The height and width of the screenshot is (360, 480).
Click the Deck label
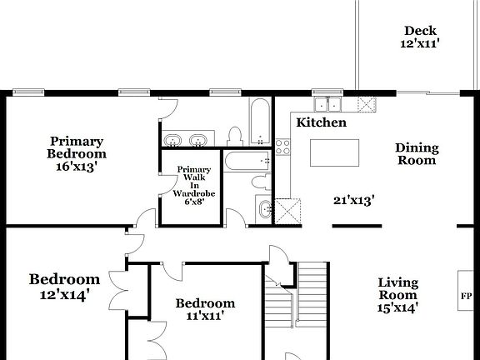click(420, 31)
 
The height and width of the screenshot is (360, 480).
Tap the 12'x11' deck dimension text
click(420, 44)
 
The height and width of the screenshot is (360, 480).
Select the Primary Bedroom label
click(76, 147)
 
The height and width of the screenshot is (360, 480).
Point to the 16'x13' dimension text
click(76, 166)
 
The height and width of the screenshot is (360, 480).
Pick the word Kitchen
click(322, 122)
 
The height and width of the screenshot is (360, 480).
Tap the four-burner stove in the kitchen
click(282, 147)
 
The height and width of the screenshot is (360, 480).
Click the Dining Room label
click(416, 154)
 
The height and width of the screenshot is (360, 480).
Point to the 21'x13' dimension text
click(353, 200)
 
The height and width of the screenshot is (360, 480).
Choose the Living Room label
click(397, 288)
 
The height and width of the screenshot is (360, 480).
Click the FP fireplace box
click(465, 296)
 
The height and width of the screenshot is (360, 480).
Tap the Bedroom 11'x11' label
click(205, 309)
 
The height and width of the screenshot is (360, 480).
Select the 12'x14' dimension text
click(64, 293)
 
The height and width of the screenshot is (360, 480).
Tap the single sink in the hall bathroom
click(263, 209)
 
